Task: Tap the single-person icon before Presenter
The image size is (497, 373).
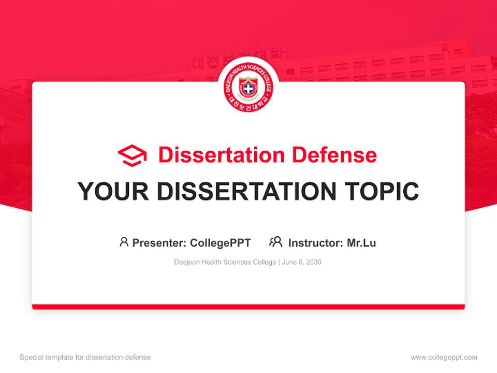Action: point(124,242)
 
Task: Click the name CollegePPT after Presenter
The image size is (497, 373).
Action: point(221,242)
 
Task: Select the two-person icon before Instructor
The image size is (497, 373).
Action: point(275,242)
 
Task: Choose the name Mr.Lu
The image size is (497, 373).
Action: point(361,242)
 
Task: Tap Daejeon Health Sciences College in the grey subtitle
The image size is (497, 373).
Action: point(225,262)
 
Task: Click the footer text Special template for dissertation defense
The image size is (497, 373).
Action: point(85,357)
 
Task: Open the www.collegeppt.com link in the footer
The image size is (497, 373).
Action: point(444,357)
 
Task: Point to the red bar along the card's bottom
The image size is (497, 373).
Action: point(248,307)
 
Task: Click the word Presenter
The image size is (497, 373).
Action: point(159,242)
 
